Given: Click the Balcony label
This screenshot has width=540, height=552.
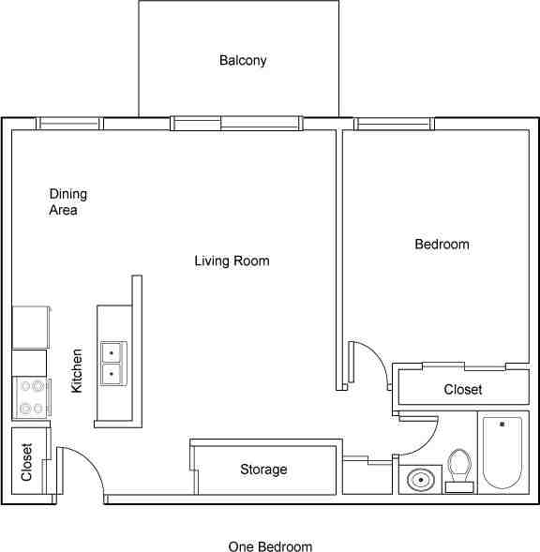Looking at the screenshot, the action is pyautogui.click(x=243, y=61).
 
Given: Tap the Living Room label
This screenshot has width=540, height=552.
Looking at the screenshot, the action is pyautogui.click(x=232, y=261).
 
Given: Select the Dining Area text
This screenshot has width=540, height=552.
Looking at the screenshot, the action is pyautogui.click(x=68, y=202).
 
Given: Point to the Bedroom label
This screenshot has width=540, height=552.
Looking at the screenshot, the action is pyautogui.click(x=442, y=245).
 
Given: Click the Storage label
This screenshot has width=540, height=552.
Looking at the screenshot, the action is pyautogui.click(x=263, y=470).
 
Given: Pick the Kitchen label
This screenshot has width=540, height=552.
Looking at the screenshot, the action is pyautogui.click(x=77, y=371).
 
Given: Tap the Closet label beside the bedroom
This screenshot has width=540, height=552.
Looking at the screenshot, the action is pyautogui.click(x=463, y=389).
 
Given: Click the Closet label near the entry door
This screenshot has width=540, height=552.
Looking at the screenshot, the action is pyautogui.click(x=27, y=462).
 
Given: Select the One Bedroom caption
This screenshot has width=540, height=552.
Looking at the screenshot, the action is pyautogui.click(x=270, y=546).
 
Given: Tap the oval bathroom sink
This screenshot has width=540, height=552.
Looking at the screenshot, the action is pyautogui.click(x=421, y=480).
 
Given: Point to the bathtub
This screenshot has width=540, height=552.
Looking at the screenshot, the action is pyautogui.click(x=502, y=453).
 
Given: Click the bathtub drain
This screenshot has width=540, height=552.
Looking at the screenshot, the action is pyautogui.click(x=502, y=425).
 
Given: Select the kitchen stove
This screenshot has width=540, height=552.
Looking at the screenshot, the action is pyautogui.click(x=31, y=397).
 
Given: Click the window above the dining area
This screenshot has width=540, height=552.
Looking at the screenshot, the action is pyautogui.click(x=69, y=124).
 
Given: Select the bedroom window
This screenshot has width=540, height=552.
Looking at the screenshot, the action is pyautogui.click(x=394, y=124).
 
